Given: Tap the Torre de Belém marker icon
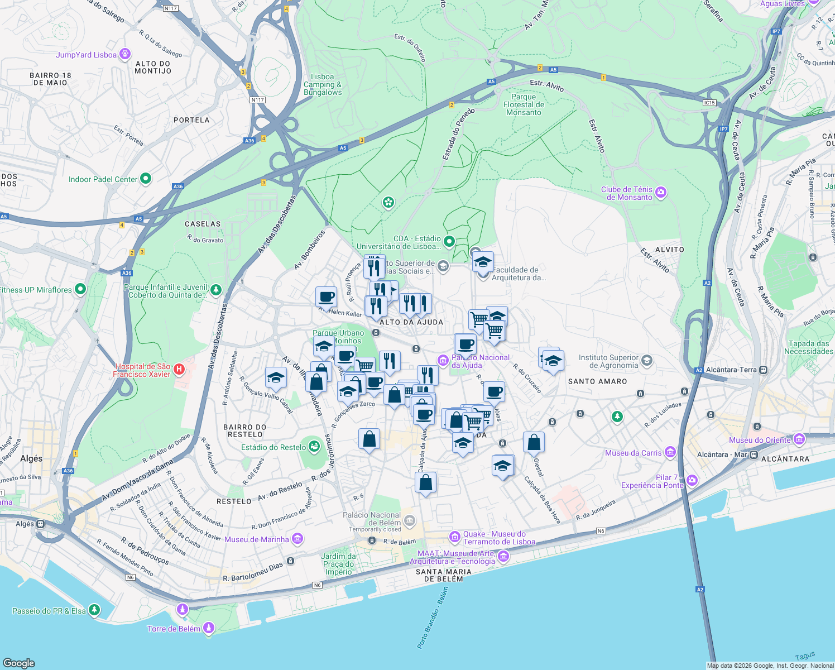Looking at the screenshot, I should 209,629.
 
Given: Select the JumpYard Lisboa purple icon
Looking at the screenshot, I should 125,54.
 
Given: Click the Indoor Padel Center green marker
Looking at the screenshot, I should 146,179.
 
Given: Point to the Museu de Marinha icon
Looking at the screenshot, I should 297,539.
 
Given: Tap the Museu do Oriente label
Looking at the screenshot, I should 760,440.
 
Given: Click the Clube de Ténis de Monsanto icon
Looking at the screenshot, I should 661,193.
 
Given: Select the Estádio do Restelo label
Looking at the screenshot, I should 273,447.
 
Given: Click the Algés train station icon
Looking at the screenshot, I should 41,524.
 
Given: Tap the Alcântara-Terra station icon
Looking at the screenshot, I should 763,370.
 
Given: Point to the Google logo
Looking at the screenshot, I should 18,663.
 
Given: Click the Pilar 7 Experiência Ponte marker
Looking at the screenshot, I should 692,480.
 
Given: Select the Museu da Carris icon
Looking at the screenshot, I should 670,452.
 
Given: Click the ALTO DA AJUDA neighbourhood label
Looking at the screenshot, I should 411,322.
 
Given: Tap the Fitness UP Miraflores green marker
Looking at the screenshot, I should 80,289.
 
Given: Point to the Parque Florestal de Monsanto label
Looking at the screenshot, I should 524,104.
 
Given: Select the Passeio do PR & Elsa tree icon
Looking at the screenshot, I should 94,610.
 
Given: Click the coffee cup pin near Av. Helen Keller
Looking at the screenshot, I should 326,297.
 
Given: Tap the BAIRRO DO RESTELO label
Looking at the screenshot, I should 245,430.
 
